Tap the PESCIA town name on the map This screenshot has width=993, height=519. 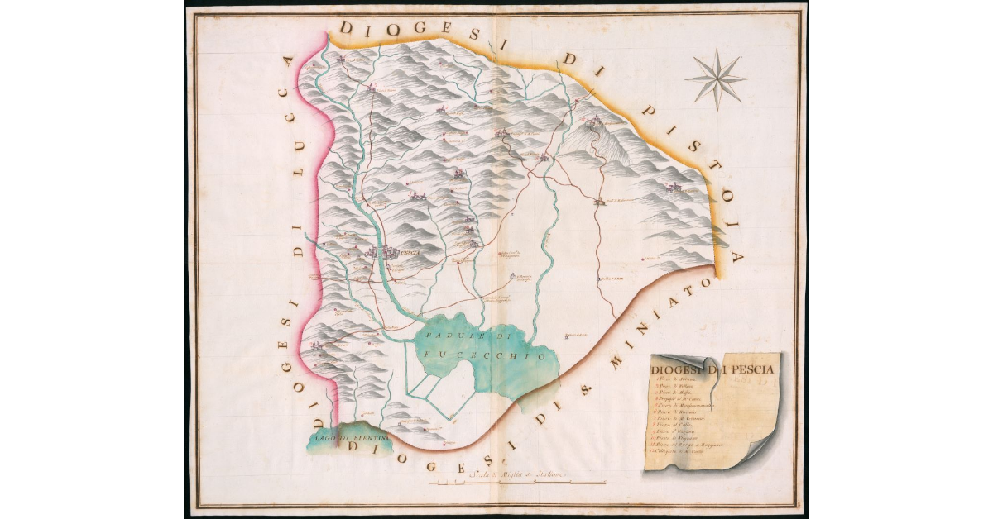point(410,252)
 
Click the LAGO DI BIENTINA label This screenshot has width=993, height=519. point(340,438)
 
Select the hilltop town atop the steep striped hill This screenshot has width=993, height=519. point(593,125)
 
